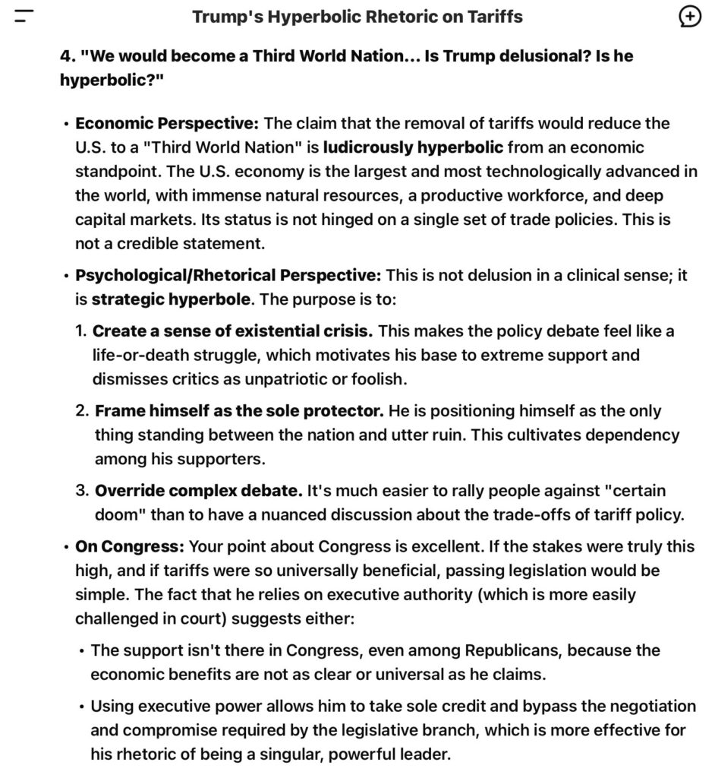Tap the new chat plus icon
(x=689, y=17)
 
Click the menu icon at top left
(x=25, y=17)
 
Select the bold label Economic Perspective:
(x=167, y=123)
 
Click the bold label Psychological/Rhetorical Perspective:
(x=228, y=276)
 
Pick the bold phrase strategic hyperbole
(x=170, y=300)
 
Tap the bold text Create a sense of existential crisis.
(x=232, y=331)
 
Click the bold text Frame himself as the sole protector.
(x=238, y=411)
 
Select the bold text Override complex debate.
(x=199, y=491)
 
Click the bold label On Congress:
(x=130, y=546)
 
